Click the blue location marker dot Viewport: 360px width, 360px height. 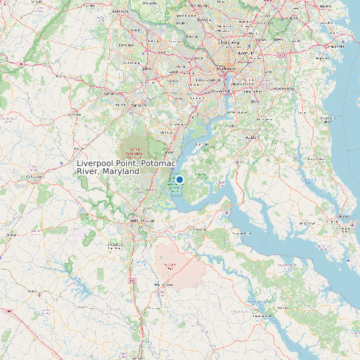click(179, 179)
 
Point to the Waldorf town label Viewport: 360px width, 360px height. click(252, 137)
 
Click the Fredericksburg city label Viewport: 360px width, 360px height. click(142, 220)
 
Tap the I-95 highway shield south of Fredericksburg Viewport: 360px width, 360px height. click(133, 281)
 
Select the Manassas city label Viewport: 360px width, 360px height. click(139, 105)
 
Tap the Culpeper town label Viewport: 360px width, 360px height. click(31, 177)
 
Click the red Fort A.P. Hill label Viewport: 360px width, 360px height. click(171, 266)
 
